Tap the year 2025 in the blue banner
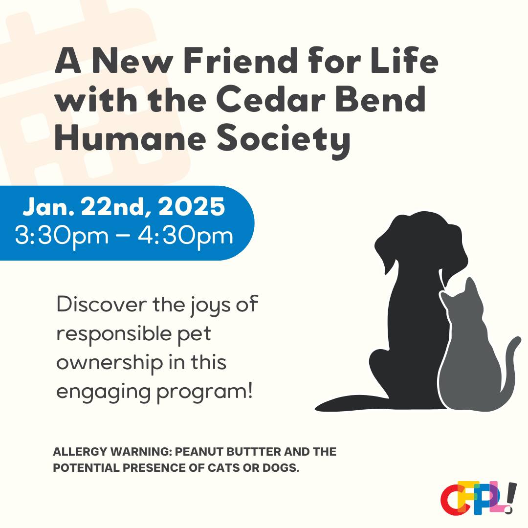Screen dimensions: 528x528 pos(192,206)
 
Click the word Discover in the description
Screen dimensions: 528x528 pos(102,304)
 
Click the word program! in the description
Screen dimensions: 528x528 pos(204,392)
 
